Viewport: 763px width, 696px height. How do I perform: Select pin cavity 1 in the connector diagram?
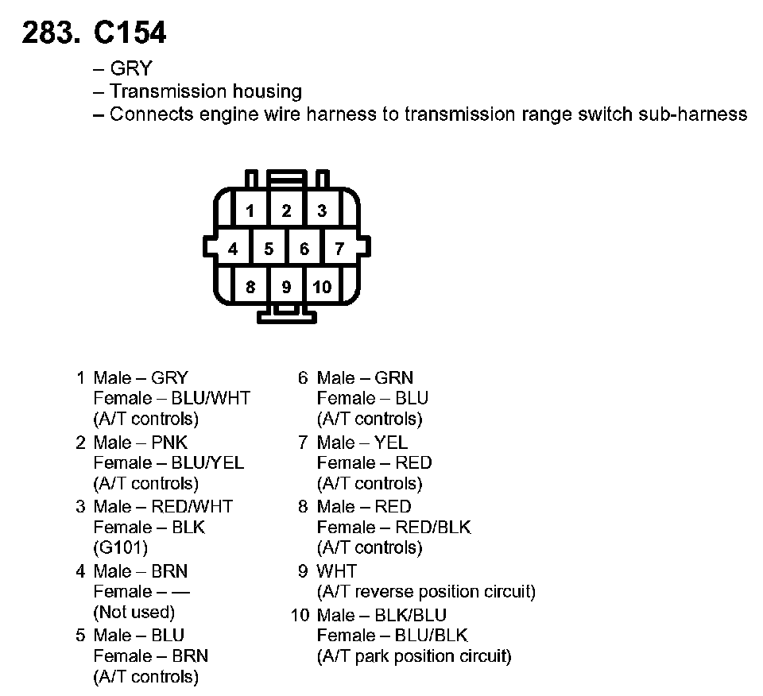pyautogui.click(x=250, y=211)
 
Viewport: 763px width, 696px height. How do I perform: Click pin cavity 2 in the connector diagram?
pyautogui.click(x=286, y=211)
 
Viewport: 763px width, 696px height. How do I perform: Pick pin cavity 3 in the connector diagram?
pyautogui.click(x=322, y=211)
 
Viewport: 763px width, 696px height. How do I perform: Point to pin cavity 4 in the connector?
pyautogui.click(x=232, y=249)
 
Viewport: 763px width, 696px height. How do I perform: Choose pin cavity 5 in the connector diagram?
pyautogui.click(x=269, y=249)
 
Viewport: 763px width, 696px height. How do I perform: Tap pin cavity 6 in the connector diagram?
pyautogui.click(x=304, y=249)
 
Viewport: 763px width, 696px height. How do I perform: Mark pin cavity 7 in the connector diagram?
pyautogui.click(x=339, y=249)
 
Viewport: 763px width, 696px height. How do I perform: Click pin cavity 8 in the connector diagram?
pyautogui.click(x=250, y=287)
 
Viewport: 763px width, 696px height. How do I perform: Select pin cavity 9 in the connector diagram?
pyautogui.click(x=286, y=287)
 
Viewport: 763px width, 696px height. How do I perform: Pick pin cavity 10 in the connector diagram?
pyautogui.click(x=322, y=287)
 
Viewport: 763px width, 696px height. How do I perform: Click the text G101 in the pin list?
pyautogui.click(x=121, y=547)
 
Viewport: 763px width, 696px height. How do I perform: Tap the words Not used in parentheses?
pyautogui.click(x=134, y=612)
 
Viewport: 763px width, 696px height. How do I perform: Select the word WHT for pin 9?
pyautogui.click(x=337, y=571)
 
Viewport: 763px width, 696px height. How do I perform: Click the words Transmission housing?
pyautogui.click(x=206, y=91)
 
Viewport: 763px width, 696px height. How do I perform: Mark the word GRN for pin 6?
pyautogui.click(x=394, y=378)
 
